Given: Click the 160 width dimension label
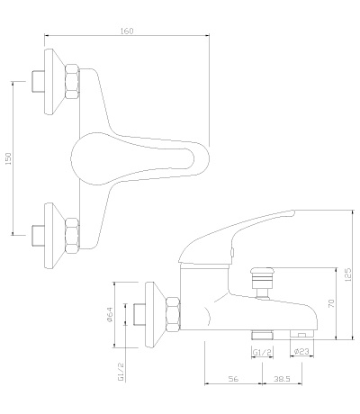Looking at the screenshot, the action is pos(127,31).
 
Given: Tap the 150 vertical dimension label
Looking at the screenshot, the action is pos(8,158).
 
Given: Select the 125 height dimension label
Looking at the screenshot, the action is pos(348,274).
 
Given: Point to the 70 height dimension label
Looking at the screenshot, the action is pos(331,303).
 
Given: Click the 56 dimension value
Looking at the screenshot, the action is pos(233,379).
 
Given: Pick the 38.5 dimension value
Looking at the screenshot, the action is pos(282,379).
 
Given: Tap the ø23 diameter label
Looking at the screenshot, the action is pos(301,352).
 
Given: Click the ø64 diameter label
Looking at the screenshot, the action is pos(110,314).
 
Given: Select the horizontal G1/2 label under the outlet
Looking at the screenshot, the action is pos(262,353).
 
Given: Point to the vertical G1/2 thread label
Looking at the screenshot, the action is pos(121,372).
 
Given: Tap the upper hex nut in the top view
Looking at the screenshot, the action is pos(73,82).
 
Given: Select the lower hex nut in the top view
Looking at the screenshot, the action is pos(73,235).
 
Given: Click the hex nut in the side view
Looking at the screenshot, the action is pos(174,315).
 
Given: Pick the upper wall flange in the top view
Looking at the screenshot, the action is pos(54,82).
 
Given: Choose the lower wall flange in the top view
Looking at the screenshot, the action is pos(54,236).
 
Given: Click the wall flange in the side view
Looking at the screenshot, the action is pos(155,315).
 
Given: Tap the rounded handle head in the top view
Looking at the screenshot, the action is pos(87,158).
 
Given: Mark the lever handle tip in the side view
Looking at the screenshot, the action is pos(294,212).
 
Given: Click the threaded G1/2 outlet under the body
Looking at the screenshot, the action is pos(262,335).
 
